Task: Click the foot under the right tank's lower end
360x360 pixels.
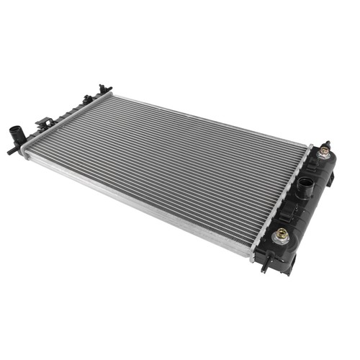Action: pyautogui.click(x=288, y=271)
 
